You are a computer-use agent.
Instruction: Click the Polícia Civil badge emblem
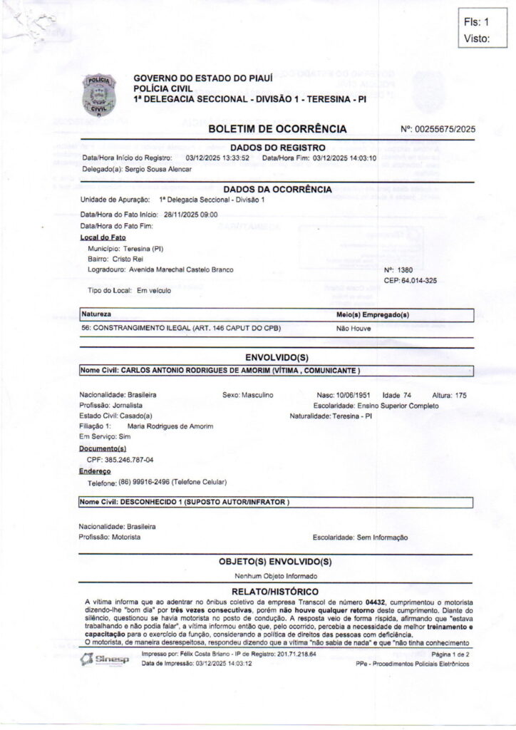tap(98, 95)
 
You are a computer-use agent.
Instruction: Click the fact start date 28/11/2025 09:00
tap(190, 214)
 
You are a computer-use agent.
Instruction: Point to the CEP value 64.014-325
tap(420, 281)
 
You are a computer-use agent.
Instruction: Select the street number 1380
tap(403, 271)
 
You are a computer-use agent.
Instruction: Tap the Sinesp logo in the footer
tap(105, 659)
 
